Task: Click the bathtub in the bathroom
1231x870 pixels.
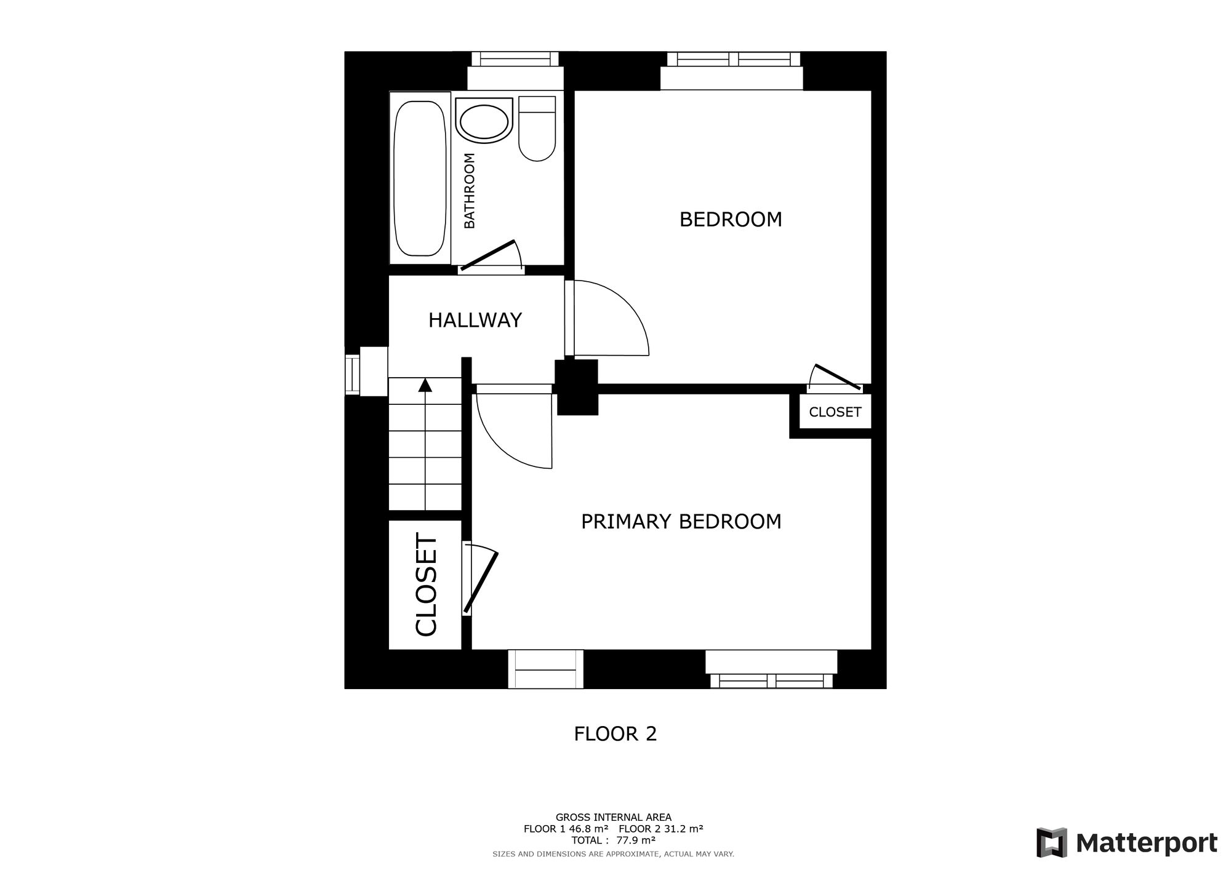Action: pos(420,178)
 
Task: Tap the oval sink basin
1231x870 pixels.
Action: pos(484,121)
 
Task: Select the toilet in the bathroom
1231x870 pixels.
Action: pos(537,129)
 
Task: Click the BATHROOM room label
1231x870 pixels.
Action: pos(470,191)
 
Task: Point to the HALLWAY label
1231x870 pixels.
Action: pos(475,321)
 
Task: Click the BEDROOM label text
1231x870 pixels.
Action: pos(731,220)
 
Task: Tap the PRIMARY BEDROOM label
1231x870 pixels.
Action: pos(681,522)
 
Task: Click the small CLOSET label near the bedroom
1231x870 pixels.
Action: pos(835,412)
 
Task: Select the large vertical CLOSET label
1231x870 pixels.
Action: pos(426,585)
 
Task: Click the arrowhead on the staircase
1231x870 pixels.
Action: pos(425,385)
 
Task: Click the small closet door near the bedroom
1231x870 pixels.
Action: pos(836,377)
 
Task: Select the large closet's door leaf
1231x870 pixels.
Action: pos(481,581)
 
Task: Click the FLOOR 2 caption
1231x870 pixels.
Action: pos(615,734)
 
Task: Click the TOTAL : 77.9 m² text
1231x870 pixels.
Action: pos(613,840)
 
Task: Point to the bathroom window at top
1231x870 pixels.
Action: pos(515,59)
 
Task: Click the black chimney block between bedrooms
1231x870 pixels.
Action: pos(577,387)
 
